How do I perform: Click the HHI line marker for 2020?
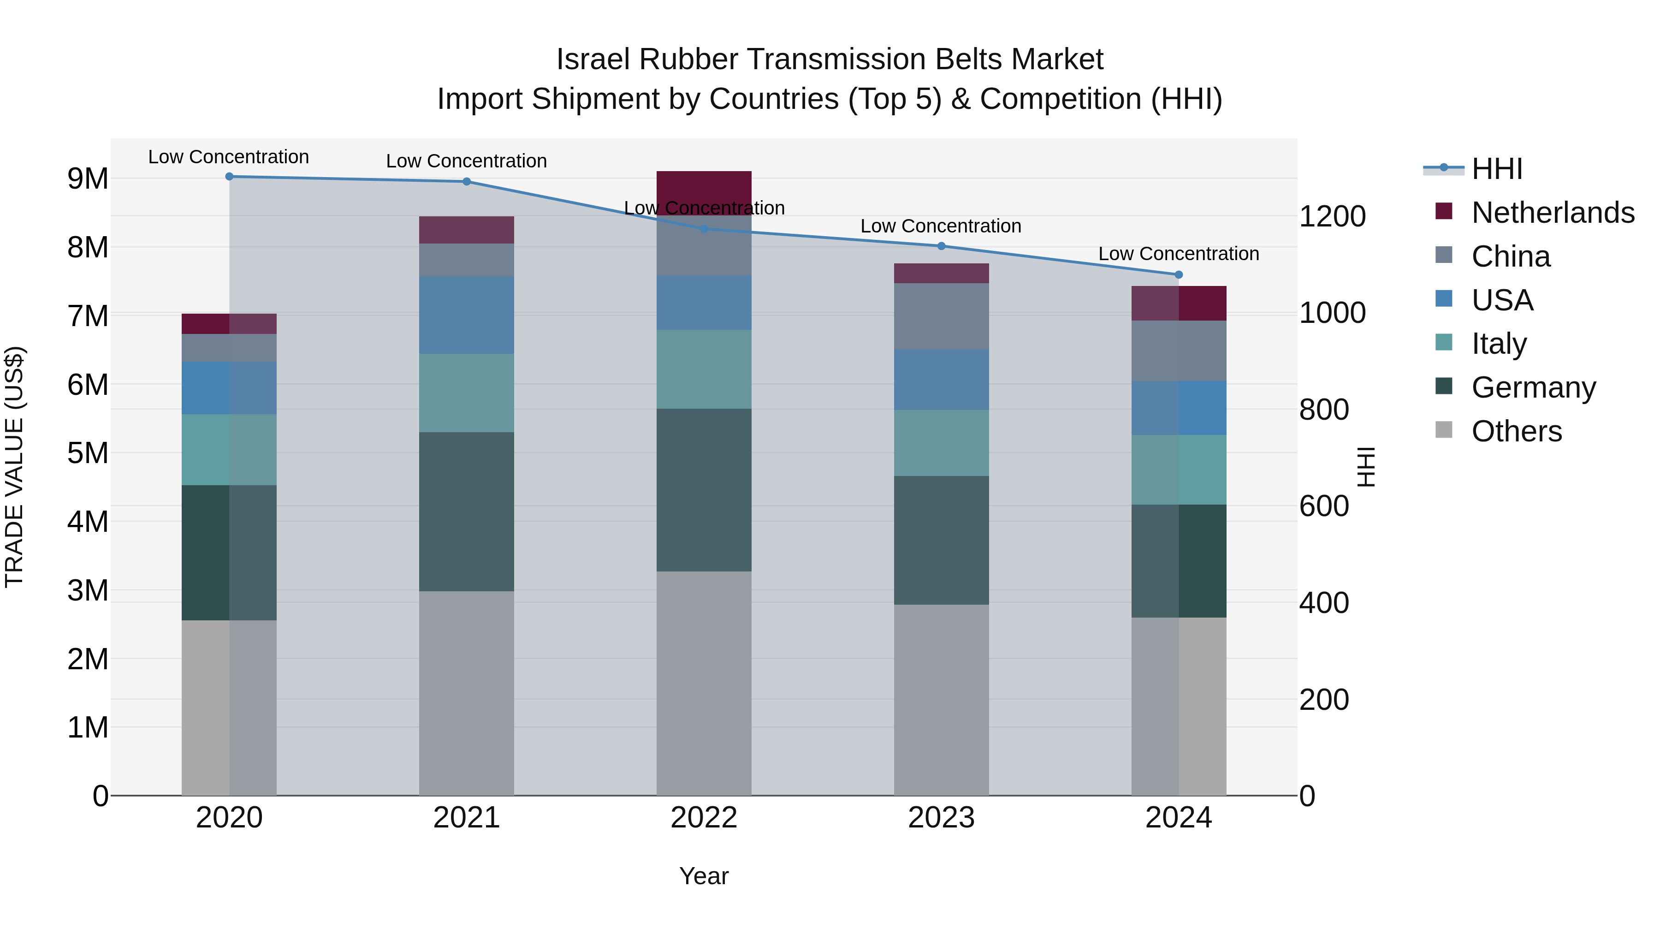(230, 176)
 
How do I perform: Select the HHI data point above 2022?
(704, 229)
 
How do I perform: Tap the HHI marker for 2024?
(1179, 274)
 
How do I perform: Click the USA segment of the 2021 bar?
(467, 315)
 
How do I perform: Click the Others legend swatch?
(1444, 430)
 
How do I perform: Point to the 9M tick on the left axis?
(88, 178)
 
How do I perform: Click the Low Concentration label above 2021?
(467, 161)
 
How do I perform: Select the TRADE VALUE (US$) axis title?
(14, 467)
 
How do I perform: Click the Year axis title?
(704, 876)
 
